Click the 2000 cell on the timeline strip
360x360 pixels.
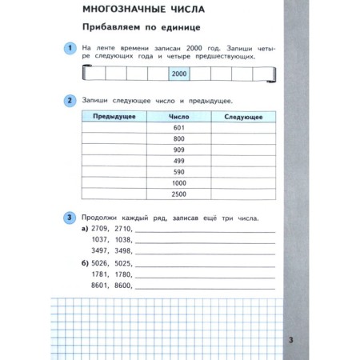178,74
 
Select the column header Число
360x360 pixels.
178,117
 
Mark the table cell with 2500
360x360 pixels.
178,194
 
